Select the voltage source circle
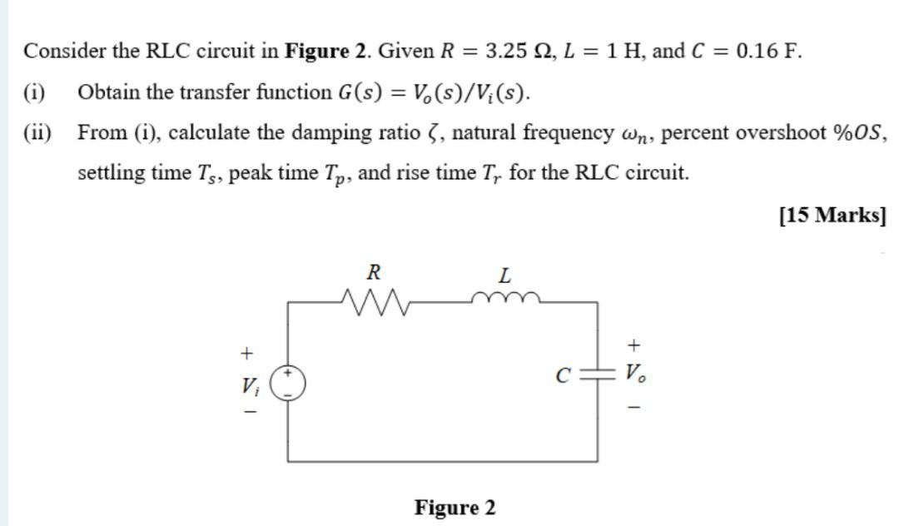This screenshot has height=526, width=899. pos(289,383)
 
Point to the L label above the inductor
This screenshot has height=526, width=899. pos(504,274)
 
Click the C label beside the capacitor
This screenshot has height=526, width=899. pos(563,375)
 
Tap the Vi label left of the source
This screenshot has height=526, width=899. pos(249,385)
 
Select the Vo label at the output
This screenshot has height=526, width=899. pos(634,374)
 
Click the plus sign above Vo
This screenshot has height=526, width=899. pos(634,343)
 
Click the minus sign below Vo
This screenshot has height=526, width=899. pos(634,406)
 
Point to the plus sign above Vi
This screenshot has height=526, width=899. pos(246,353)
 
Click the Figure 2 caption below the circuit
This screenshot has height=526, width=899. pos(454,507)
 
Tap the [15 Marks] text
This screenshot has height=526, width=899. pos(832,215)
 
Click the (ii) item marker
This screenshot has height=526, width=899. pos(37,132)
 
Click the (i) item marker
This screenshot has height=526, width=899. pos(34,92)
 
